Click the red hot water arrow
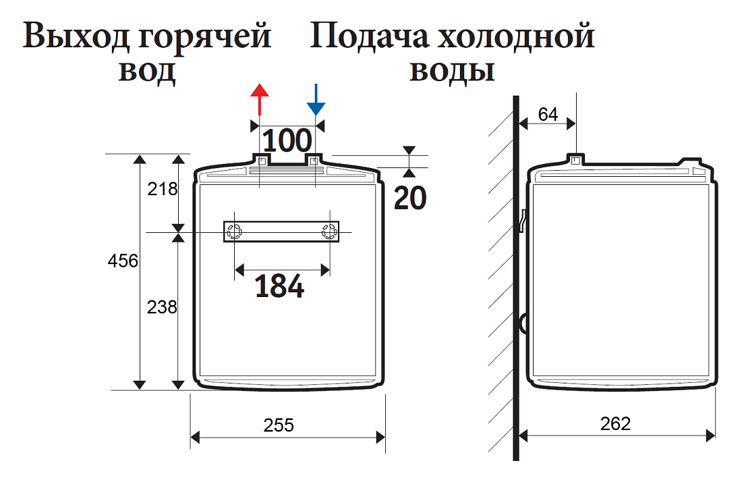tap(259, 99)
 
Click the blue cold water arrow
tap(316, 99)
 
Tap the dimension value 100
tap(287, 140)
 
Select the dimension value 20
tap(410, 198)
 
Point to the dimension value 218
tap(163, 189)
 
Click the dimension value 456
tap(123, 261)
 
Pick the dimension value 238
tap(162, 307)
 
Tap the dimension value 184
tap(279, 286)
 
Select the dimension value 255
tap(279, 425)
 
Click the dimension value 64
tap(548, 115)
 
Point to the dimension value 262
tap(615, 424)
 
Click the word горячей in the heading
tap(204, 38)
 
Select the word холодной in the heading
tap(516, 37)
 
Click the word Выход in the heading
tap(76, 37)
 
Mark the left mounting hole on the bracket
tap(234, 232)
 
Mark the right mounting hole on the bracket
tap(329, 232)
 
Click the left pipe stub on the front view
tap(261, 159)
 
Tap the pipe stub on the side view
tap(575, 160)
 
